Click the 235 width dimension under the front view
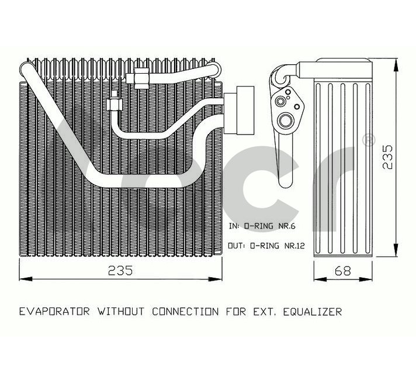click(120, 271)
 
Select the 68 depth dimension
click(343, 271)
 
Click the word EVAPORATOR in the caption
click(54, 311)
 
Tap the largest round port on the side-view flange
click(286, 121)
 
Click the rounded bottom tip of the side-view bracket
click(286, 185)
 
